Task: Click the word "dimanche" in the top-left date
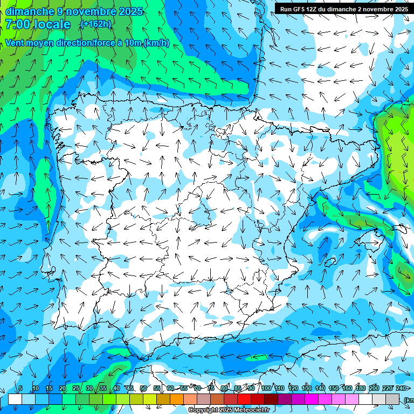[30, 11]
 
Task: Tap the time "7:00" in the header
[18, 24]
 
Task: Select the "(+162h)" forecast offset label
[95, 24]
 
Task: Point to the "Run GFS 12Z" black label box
[344, 9]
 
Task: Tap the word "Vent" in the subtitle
[16, 43]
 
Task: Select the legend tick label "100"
[266, 388]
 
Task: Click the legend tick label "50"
[143, 388]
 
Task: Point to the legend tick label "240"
[401, 388]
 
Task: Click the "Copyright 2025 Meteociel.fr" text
[229, 410]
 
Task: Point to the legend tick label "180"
[361, 388]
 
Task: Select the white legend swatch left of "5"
[15, 399]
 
